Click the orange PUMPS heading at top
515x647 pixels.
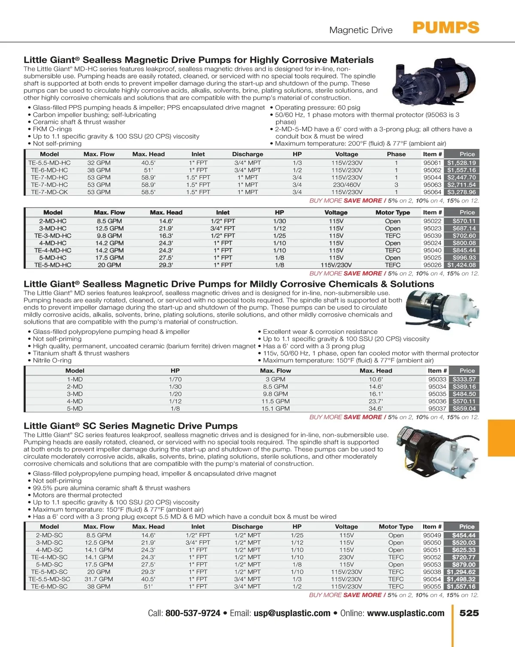point(446,28)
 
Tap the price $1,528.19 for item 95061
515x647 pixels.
point(461,163)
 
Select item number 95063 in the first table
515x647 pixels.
point(432,185)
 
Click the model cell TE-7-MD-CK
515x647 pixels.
point(49,192)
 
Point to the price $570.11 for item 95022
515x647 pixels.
point(464,221)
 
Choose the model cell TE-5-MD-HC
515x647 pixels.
point(53,265)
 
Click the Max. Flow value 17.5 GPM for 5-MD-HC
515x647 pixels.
point(109,258)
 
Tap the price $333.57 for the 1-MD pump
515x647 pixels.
point(464,380)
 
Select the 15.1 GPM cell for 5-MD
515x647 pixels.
point(276,409)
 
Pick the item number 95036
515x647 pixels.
point(437,402)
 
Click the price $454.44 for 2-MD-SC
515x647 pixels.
point(463,535)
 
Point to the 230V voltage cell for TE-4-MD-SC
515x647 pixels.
point(346,557)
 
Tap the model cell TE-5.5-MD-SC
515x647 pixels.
point(49,579)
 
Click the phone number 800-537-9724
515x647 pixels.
point(193,614)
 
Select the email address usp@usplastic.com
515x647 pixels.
point(292,614)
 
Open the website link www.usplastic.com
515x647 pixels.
point(406,614)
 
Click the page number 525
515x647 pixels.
point(469,613)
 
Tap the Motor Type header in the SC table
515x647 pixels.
point(396,527)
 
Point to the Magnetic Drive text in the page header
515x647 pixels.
point(361,30)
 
